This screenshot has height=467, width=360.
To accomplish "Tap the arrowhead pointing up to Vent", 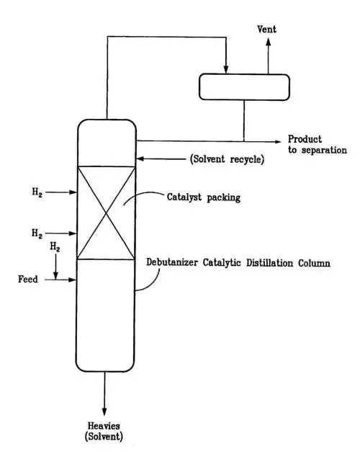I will (x=269, y=42).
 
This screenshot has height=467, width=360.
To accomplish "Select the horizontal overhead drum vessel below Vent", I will (x=244, y=86).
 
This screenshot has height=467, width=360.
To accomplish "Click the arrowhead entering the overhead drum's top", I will (x=226, y=69).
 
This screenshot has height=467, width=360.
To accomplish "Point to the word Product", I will (x=305, y=139).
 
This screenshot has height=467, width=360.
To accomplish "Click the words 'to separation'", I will (x=317, y=150).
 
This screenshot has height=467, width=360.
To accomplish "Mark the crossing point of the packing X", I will (x=107, y=213).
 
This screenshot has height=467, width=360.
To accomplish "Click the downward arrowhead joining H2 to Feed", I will (x=55, y=274).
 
